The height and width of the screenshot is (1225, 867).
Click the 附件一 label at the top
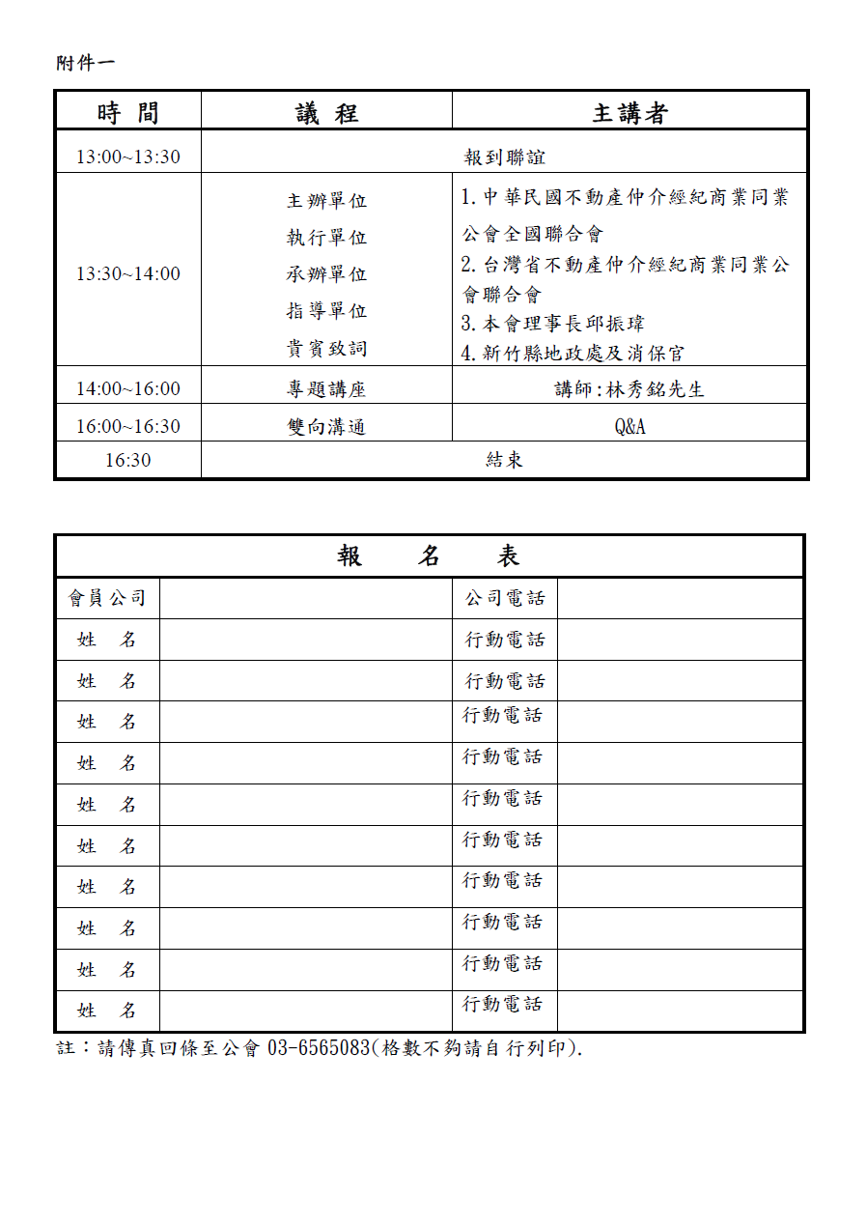[x=85, y=63]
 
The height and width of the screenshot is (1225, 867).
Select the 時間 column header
[x=127, y=113]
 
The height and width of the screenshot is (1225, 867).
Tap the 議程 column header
[x=326, y=113]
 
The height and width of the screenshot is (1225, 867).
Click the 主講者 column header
[x=629, y=113]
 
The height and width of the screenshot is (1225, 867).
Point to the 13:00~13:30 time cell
[x=127, y=157]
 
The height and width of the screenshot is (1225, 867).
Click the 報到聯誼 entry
[x=505, y=157]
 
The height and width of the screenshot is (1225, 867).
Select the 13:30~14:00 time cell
[x=127, y=273]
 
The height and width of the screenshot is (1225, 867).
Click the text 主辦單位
[x=326, y=201]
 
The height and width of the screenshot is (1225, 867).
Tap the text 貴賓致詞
[x=326, y=348]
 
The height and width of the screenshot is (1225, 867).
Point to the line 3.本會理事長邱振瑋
[x=552, y=324]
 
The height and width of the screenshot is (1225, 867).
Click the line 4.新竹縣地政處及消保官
[x=573, y=353]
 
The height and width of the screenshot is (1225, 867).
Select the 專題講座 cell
[x=326, y=389]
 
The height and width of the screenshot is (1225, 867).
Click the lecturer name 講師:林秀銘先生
[x=629, y=389]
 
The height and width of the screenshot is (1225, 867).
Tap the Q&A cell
[x=629, y=426]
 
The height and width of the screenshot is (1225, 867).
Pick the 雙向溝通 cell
[x=326, y=426]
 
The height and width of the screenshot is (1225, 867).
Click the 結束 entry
[x=504, y=460]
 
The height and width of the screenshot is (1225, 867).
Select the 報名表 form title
[x=429, y=556]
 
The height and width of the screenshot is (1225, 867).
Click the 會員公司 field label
[x=107, y=598]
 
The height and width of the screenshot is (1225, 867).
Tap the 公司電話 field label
[x=505, y=598]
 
